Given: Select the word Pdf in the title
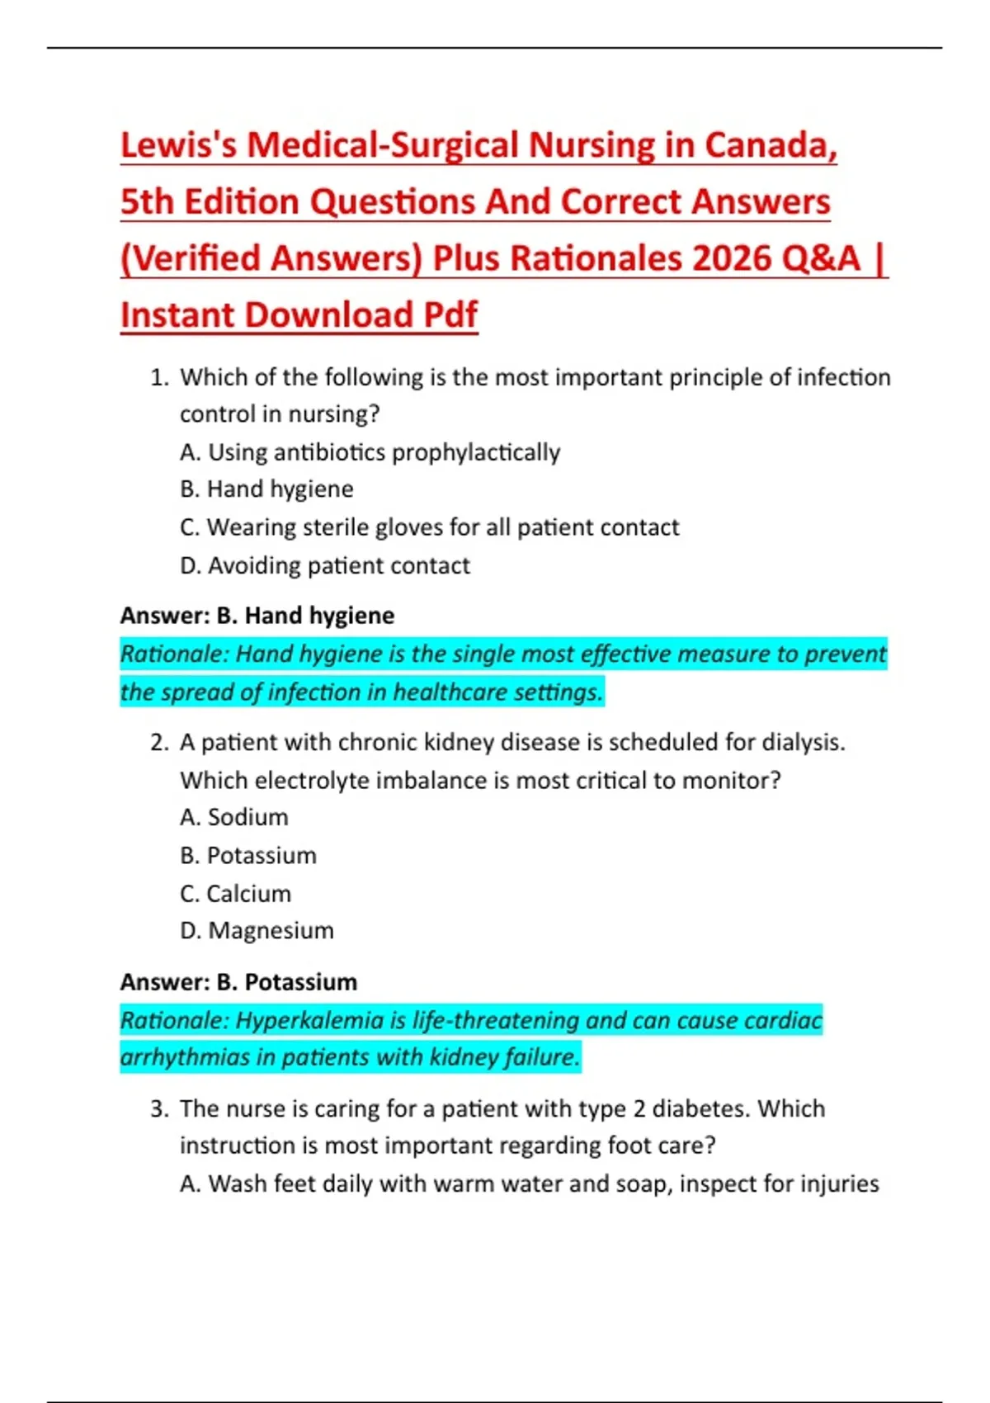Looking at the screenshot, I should tap(450, 315).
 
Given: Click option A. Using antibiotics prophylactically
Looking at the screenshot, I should tap(370, 452).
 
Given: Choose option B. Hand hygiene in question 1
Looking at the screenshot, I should tap(266, 489).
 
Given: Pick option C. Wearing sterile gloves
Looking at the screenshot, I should tap(429, 527).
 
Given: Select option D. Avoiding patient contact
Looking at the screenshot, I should tap(324, 565).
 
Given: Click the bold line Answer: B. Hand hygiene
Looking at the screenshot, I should tap(257, 616).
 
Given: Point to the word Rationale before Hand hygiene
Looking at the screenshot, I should tap(172, 654).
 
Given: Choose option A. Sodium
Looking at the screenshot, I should tap(234, 817).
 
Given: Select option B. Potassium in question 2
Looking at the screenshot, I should tap(247, 855).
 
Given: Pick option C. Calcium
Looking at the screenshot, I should tap(235, 893).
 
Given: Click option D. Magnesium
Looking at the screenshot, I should tap(257, 930).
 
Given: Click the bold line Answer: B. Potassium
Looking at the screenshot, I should tap(238, 982).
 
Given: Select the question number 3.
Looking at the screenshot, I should tap(158, 1108).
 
